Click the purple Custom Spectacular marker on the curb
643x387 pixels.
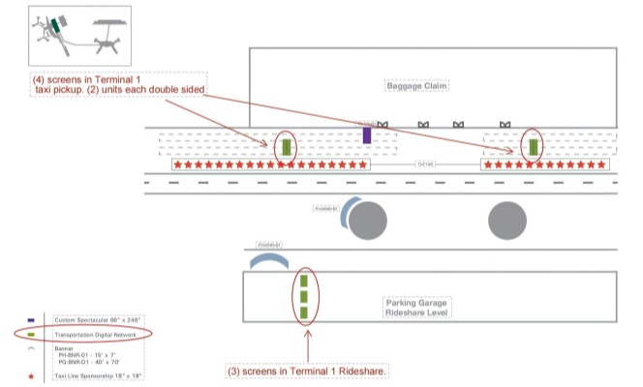[x=367, y=135]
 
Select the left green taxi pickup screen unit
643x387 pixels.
[x=286, y=148]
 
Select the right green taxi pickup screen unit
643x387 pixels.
[x=533, y=147]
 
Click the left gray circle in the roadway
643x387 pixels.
[x=367, y=222]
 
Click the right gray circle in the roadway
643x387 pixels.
[x=508, y=222]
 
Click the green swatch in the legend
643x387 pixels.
[x=33, y=334]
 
